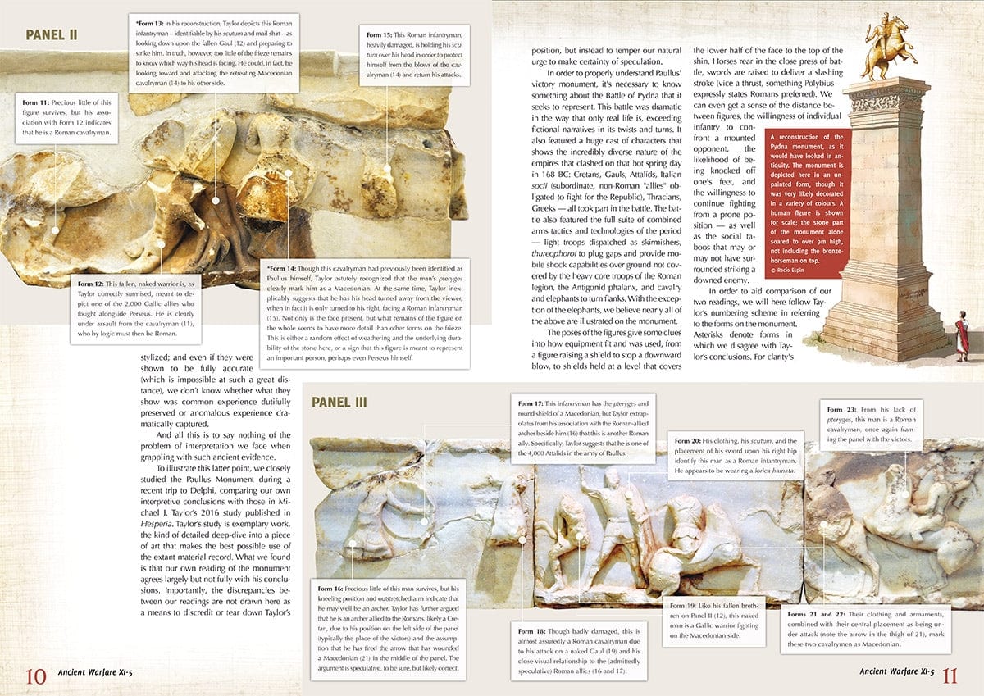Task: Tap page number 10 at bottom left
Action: click(34, 676)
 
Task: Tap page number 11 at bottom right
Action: click(950, 676)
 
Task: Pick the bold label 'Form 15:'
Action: click(376, 36)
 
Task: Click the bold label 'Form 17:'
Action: click(531, 404)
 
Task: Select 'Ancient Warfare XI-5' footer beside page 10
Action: click(95, 672)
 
